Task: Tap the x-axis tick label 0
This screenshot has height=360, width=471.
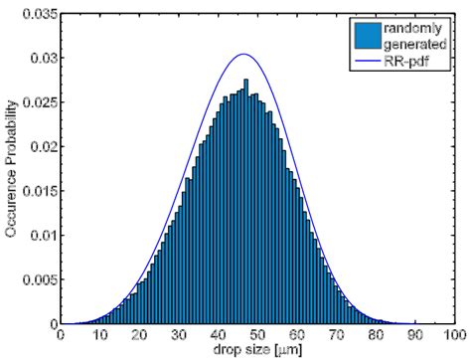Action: pos(62,337)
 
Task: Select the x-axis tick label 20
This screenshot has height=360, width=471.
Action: pos(140,337)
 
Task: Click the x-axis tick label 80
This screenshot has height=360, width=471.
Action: pos(376,337)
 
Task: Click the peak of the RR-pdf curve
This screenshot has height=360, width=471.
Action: pos(244,54)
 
